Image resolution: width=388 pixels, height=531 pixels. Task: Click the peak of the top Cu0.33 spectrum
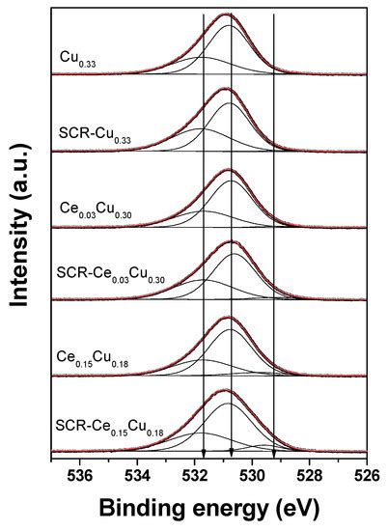227,15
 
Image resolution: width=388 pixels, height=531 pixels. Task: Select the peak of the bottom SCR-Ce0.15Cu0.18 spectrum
227,391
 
